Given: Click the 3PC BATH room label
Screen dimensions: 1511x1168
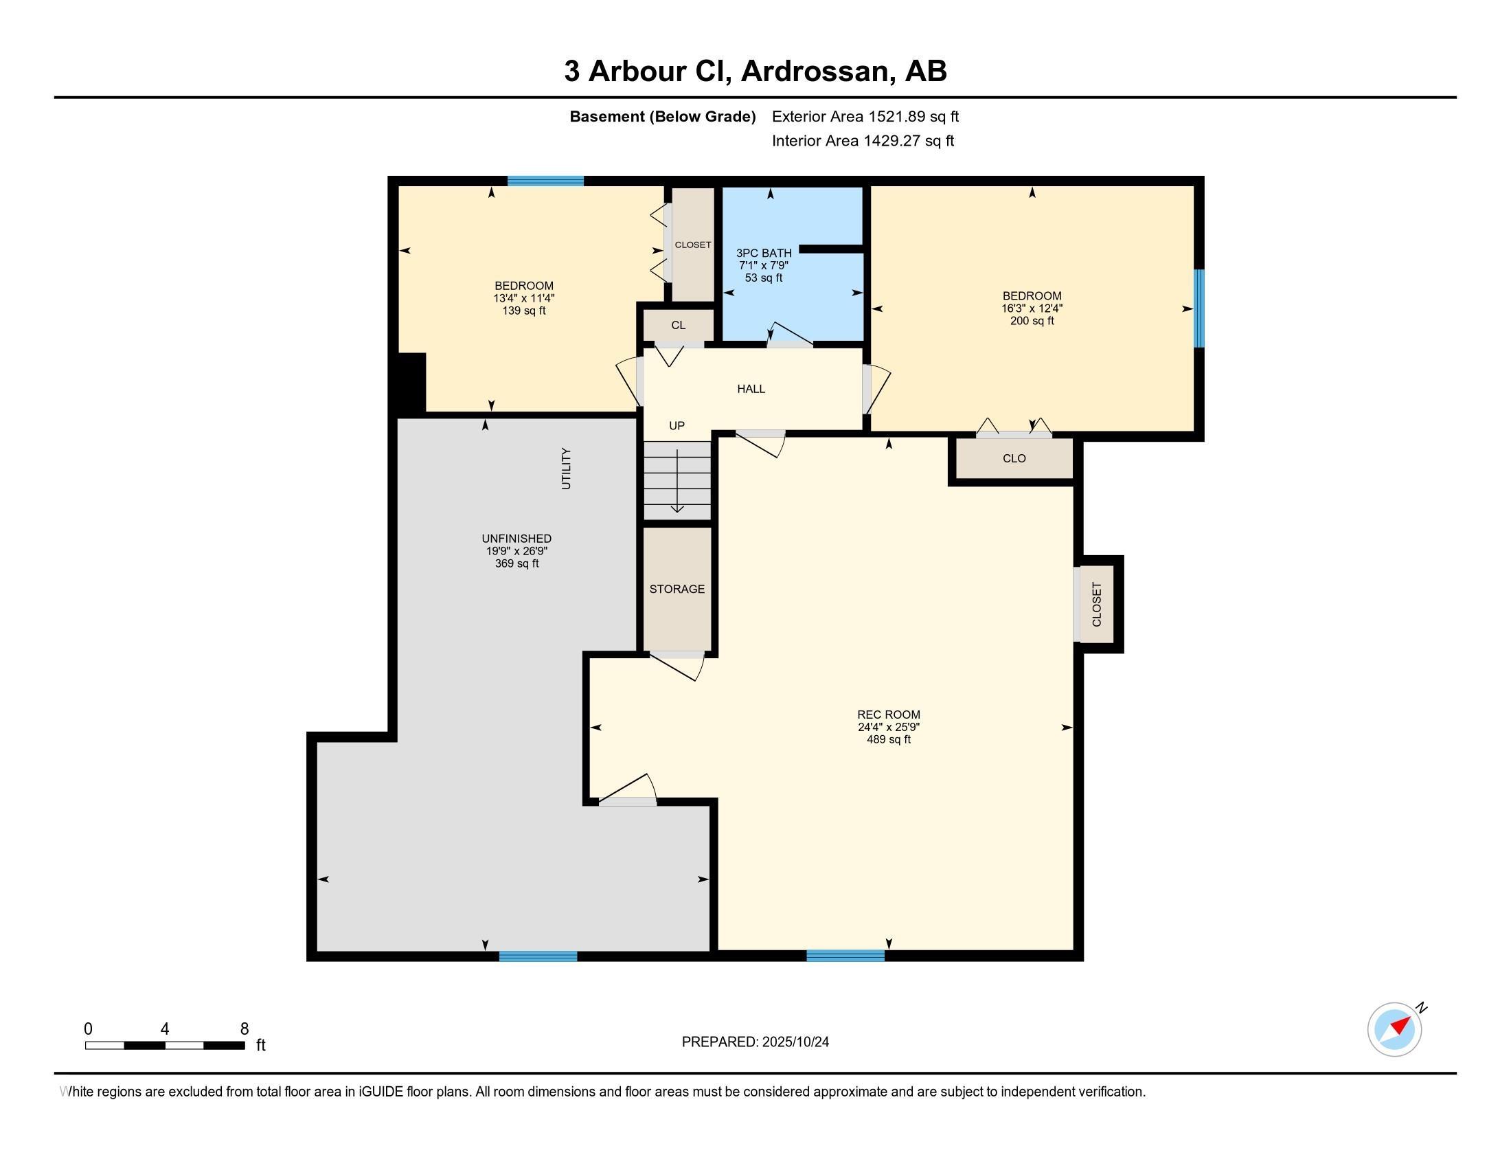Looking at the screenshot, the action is click(x=764, y=254).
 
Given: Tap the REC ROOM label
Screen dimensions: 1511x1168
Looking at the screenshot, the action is click(x=888, y=715).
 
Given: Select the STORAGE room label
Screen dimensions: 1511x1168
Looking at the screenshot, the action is click(x=677, y=589).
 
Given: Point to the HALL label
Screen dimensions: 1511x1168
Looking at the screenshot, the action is click(x=751, y=389).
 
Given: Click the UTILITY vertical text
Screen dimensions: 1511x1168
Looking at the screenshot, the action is click(x=566, y=469).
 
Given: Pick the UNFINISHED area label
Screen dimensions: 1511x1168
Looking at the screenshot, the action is click(x=516, y=539).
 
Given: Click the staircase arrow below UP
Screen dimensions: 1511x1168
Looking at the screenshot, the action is click(x=677, y=480).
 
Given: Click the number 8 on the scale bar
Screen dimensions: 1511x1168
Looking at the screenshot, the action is click(x=245, y=1029).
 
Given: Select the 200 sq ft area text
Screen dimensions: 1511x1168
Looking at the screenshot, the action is click(x=1032, y=321).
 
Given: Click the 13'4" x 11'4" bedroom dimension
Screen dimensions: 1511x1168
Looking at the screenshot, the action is click(x=524, y=298).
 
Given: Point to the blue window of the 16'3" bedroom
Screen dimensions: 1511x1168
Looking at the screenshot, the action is click(x=1199, y=308).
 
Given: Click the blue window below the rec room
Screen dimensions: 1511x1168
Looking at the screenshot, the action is click(x=845, y=956).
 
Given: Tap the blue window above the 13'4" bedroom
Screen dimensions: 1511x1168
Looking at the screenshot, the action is click(x=545, y=181).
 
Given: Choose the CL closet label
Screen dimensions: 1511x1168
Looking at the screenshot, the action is click(x=678, y=325).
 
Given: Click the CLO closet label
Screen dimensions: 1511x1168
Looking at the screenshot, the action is click(x=1014, y=458).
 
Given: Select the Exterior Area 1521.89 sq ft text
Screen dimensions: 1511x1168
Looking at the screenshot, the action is click(x=865, y=116).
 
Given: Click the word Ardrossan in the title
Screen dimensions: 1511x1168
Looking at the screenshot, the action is click(x=815, y=71).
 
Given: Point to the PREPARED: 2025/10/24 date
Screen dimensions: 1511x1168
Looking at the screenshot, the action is click(x=755, y=1042).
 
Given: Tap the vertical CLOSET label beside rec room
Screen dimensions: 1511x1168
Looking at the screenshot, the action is click(x=1097, y=604).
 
